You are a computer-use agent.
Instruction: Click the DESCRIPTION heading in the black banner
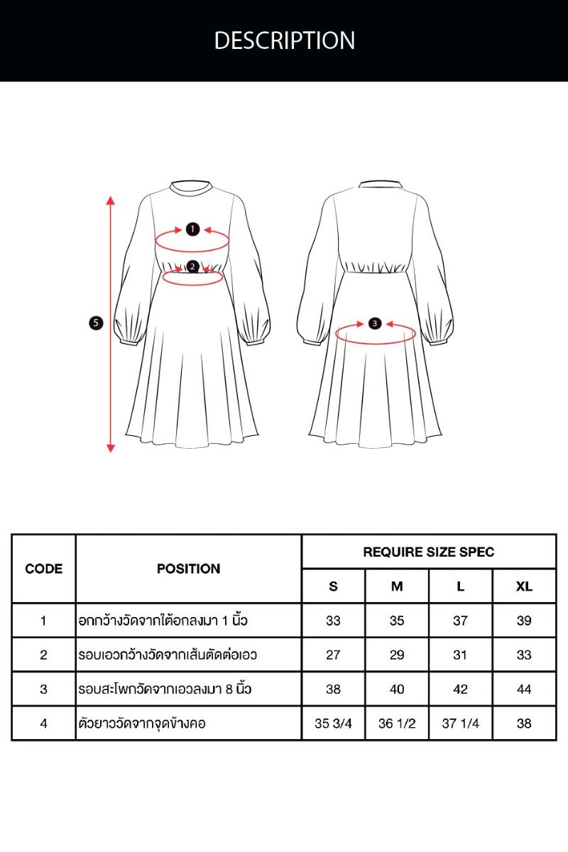(284, 40)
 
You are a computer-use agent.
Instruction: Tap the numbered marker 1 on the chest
(192, 229)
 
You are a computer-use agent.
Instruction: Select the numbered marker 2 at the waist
(193, 267)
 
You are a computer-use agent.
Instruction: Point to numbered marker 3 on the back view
(375, 324)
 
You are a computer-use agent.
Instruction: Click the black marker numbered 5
(96, 323)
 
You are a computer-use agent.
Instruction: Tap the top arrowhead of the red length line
(110, 200)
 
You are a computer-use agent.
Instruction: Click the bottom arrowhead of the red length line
(110, 449)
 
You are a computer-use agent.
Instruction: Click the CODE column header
(44, 569)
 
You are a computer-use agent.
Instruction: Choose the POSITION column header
(189, 569)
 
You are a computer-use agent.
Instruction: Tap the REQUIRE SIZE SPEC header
(429, 552)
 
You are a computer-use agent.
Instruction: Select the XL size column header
(524, 586)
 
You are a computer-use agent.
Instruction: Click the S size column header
(333, 586)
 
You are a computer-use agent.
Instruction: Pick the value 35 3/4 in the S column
(333, 723)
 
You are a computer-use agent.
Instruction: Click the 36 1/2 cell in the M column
(397, 723)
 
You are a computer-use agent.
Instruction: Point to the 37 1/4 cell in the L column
(460, 723)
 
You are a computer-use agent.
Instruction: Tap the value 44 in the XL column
(524, 689)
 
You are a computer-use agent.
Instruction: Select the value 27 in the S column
(333, 655)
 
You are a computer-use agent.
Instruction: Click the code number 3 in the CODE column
(43, 689)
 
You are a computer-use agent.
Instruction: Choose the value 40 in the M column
(397, 689)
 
